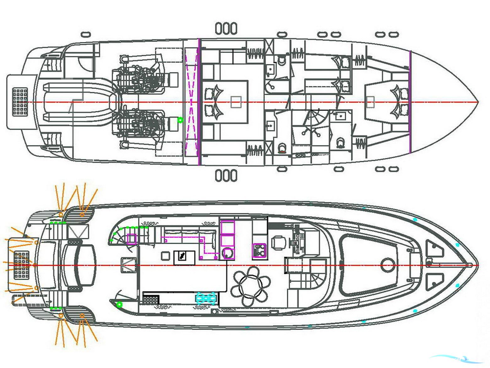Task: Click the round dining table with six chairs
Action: [250, 286]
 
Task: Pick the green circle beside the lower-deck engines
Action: [180, 120]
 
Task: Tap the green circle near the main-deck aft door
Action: [119, 304]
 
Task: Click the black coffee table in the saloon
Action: [184, 258]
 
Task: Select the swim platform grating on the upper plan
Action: [20, 101]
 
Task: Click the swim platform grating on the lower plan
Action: [21, 265]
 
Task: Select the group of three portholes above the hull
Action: [226, 29]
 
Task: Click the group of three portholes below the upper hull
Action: [226, 176]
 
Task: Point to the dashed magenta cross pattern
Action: [191, 102]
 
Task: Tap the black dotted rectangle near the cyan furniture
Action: [151, 299]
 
